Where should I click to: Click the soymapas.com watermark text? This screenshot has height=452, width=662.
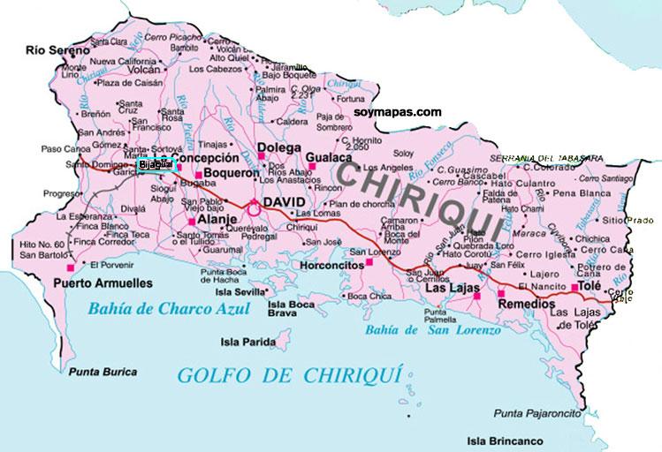pos(397,112)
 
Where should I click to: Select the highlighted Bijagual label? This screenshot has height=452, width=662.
pos(156,164)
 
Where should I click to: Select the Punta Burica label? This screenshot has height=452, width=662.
pos(94,372)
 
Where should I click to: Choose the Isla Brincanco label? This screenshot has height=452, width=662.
pos(506,440)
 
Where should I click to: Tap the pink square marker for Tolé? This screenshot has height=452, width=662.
pos(575,288)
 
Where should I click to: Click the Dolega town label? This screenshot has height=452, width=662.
pos(278,147)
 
